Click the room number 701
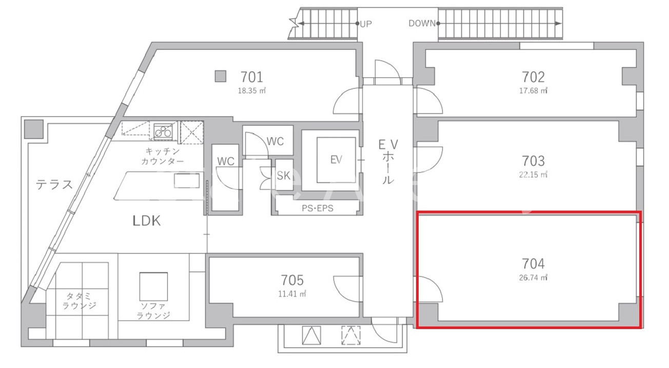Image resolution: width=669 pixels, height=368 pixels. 252,77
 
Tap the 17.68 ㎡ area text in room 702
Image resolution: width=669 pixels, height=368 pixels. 533,90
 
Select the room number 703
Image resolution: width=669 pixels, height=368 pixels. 533,161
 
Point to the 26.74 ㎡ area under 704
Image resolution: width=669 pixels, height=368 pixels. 533,278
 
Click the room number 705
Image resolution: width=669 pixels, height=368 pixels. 292,280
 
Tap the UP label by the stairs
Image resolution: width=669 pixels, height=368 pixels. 366,24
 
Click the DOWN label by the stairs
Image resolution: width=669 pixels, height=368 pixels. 422,23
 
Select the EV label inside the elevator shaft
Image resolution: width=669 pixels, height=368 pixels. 336,160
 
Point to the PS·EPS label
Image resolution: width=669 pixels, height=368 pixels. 317,208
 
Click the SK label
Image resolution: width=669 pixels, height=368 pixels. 283,176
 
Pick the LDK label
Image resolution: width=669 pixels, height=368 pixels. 146,221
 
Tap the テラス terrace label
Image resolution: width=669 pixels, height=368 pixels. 54,185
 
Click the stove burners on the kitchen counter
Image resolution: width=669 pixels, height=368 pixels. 163,131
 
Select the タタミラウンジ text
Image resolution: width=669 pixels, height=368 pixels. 79,301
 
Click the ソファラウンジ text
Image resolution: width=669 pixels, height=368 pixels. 153,311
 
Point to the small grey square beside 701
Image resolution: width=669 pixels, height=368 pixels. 221,76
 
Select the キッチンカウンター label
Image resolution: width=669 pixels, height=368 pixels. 162,156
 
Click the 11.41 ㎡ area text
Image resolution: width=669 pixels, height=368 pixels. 292,294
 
